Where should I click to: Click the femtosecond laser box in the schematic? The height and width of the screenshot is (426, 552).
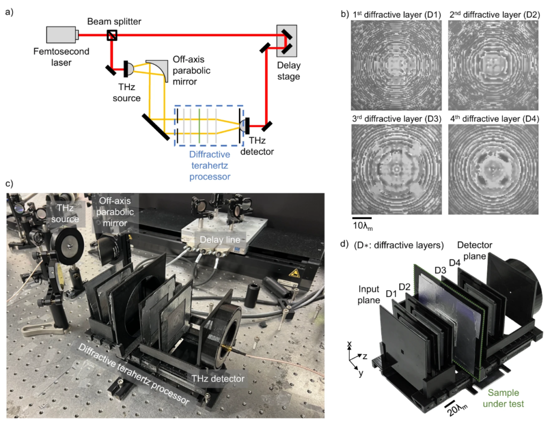(x=62, y=35)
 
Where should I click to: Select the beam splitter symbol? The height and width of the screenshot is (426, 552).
(x=112, y=36)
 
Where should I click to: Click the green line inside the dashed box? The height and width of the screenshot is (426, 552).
(x=199, y=126)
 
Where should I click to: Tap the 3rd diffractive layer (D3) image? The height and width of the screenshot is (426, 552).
(x=394, y=169)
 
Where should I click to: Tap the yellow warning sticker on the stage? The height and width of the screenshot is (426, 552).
(x=294, y=275)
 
